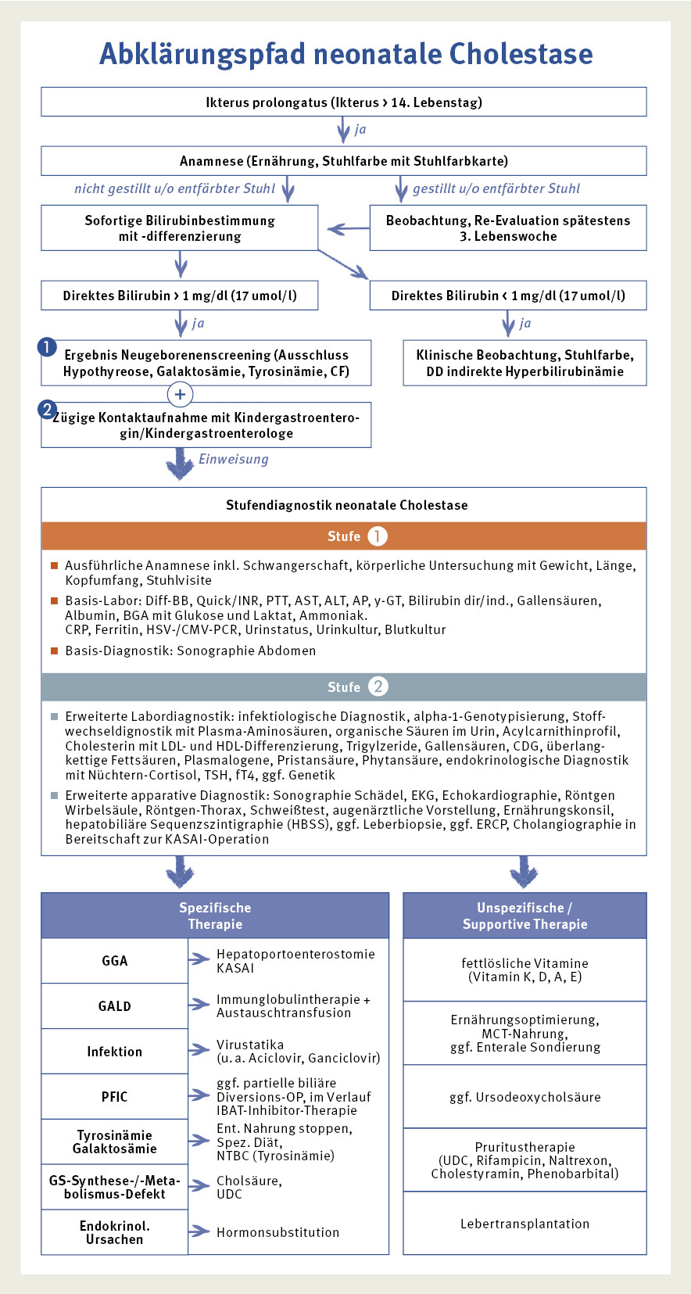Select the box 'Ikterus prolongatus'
point(344,102)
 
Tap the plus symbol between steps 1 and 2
point(180,394)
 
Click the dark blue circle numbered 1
point(47,346)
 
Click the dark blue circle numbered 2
point(47,409)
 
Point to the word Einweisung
point(233,459)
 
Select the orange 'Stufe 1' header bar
point(344,536)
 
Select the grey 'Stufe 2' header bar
point(344,686)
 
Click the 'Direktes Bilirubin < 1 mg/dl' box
point(508,296)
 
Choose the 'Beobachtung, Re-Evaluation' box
point(508,228)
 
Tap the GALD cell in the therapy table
point(114,1006)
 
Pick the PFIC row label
point(114,1097)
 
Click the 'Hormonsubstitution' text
point(277,1232)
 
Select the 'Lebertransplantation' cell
point(525,1224)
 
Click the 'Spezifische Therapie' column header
point(215,916)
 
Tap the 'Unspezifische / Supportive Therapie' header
point(525,916)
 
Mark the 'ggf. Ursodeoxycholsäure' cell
point(525,1097)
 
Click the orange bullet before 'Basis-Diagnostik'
point(55,651)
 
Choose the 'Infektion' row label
point(114,1052)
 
